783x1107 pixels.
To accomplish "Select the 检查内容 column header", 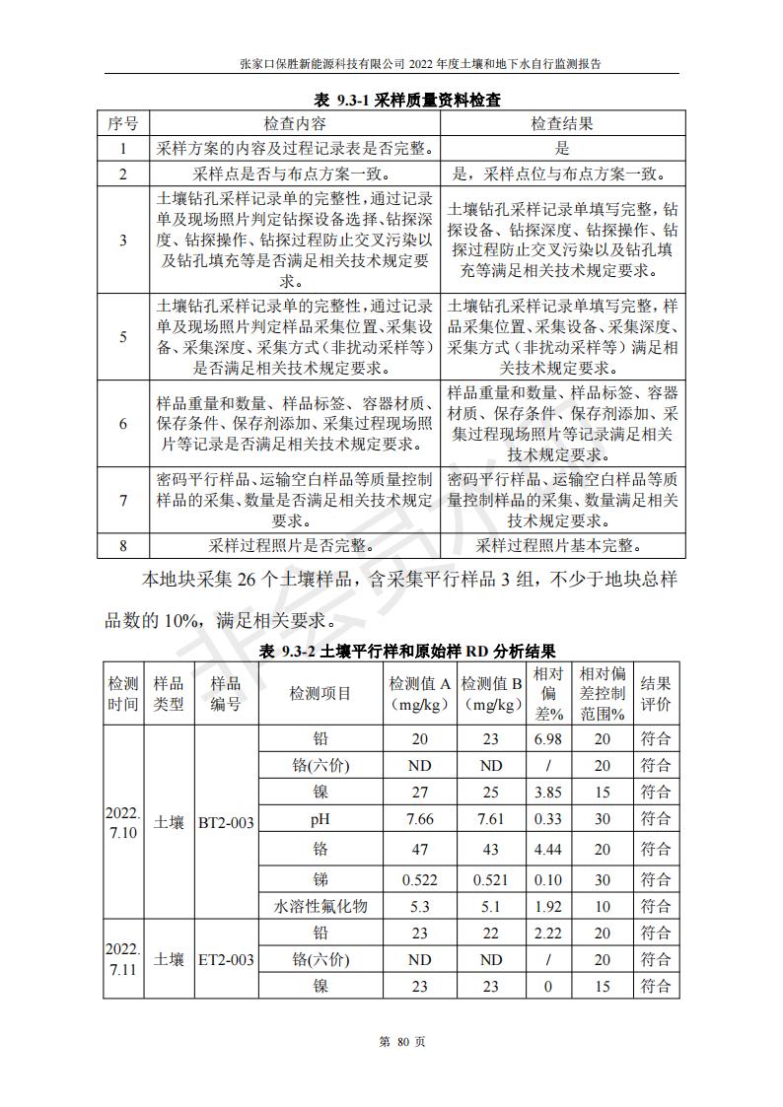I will point(294,123).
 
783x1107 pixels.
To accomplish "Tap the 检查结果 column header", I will point(562,123).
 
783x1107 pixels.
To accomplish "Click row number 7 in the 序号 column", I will point(123,501).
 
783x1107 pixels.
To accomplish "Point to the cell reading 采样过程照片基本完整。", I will point(562,545).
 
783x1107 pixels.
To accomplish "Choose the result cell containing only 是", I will point(562,149).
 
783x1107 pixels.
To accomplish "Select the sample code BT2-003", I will point(227,821).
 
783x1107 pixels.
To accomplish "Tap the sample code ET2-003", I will point(227,959).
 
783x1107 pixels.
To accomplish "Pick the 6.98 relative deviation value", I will point(547,738).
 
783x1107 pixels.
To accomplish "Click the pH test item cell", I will point(320,819).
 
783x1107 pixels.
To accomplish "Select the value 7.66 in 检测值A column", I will point(420,819).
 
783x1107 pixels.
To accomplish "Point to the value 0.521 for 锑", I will point(491,879).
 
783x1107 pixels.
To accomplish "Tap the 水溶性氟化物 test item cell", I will point(320,906).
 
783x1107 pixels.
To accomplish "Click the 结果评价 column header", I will point(656,694).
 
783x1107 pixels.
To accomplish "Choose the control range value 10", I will point(603,906).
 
